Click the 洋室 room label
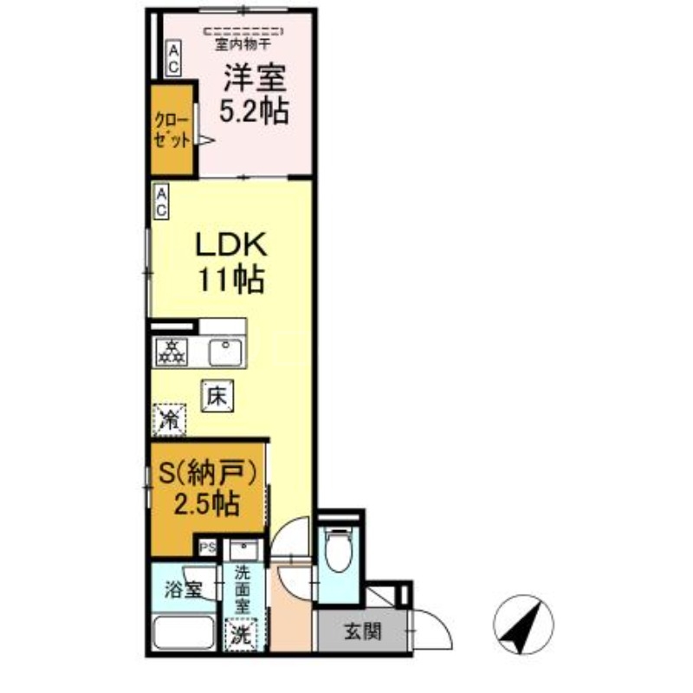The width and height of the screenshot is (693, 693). click(254, 79)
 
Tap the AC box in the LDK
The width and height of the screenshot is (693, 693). click(162, 201)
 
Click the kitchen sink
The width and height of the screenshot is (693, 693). click(226, 351)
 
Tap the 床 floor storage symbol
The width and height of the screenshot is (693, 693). click(217, 397)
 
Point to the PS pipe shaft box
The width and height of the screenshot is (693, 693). click(208, 547)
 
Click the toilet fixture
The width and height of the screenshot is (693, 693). click(338, 550)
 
